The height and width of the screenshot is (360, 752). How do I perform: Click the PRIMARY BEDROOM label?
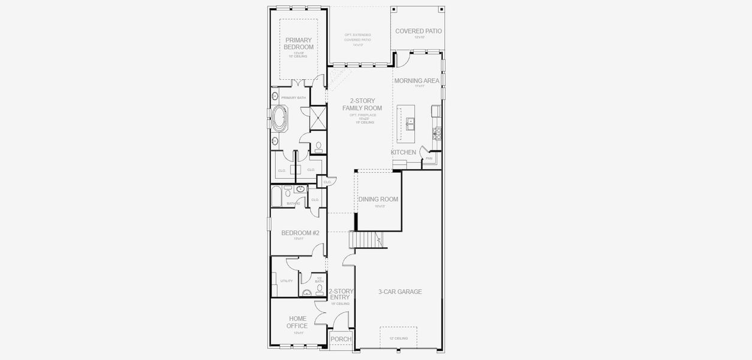click(x=299, y=44)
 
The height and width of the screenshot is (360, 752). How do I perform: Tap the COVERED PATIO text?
click(x=419, y=31)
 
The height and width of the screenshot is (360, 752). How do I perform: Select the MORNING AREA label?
click(x=417, y=80)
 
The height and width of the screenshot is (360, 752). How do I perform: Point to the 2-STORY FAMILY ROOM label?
click(x=362, y=104)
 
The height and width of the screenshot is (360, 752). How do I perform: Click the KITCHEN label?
click(x=404, y=152)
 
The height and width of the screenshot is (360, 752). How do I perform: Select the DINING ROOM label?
click(x=378, y=199)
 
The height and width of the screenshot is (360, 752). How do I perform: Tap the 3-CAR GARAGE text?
click(x=400, y=292)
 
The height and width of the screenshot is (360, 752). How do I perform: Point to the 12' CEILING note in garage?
click(x=398, y=338)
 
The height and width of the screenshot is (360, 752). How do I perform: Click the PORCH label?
click(x=341, y=340)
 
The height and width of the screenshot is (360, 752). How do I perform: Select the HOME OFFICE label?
click(x=298, y=322)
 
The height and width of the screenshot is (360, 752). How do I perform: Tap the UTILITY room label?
click(x=287, y=281)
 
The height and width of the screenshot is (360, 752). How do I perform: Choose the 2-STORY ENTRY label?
click(x=341, y=294)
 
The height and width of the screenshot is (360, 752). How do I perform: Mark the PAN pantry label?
click(x=429, y=158)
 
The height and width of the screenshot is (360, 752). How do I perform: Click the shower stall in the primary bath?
click(x=317, y=118)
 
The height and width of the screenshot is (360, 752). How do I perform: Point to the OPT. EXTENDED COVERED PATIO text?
click(x=358, y=37)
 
